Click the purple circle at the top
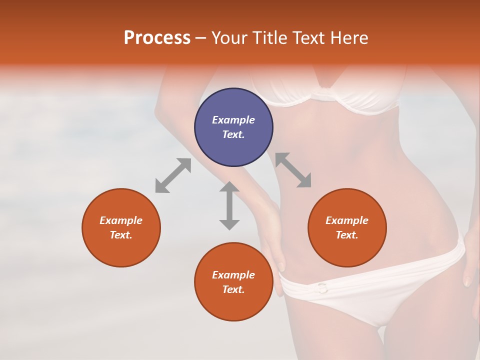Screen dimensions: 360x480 pos(233,127)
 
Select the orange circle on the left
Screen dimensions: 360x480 pos(121,227)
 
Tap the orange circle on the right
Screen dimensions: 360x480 pos(347,227)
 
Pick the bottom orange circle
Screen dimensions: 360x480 pos(233,282)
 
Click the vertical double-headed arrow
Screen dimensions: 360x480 pos(229,205)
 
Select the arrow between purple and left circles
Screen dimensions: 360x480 pos(173,175)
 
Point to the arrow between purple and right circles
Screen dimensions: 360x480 pos(293,170)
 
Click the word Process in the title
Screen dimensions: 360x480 pos(157,38)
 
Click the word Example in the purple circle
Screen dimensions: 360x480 pos(233,120)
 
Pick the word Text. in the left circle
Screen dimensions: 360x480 pos(121,235)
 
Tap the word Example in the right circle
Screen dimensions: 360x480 pos(347,220)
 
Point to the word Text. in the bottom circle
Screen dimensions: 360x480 pos(233,289)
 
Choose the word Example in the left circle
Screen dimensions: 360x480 pos(121,220)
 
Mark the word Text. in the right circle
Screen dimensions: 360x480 pos(347,235)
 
